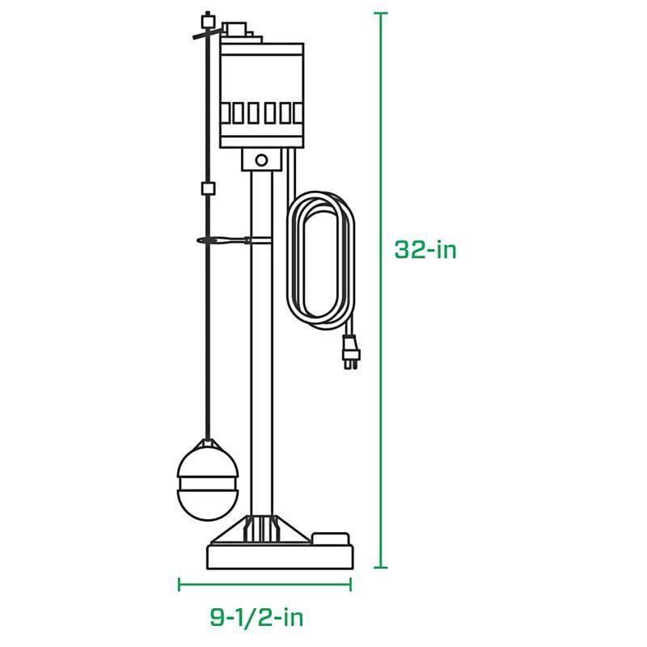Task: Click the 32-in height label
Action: tap(425, 250)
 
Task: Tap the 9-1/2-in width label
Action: tap(256, 619)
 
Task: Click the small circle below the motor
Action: tap(261, 160)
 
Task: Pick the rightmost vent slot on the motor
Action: tap(295, 113)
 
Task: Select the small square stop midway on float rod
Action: tap(207, 188)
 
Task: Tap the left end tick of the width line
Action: tap(180, 583)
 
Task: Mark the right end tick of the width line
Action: tap(351, 583)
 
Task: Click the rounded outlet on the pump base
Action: tap(330, 536)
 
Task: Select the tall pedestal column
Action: tap(260, 340)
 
